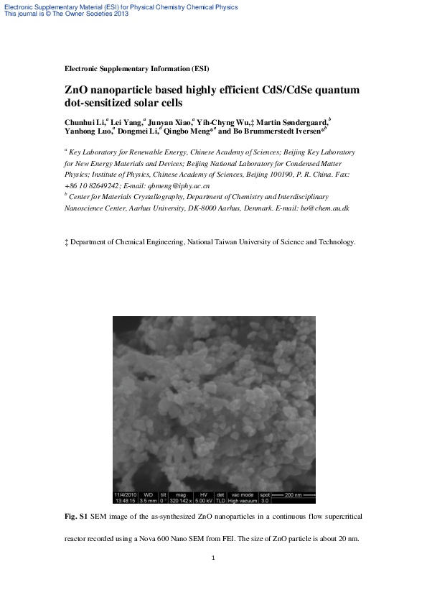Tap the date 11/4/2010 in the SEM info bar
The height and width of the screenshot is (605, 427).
125,495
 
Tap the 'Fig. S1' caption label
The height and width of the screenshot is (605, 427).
76,517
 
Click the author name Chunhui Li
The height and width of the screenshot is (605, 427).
84,124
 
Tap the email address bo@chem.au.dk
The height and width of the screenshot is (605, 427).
325,208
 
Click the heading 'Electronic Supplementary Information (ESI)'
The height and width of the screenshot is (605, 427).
136,69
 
